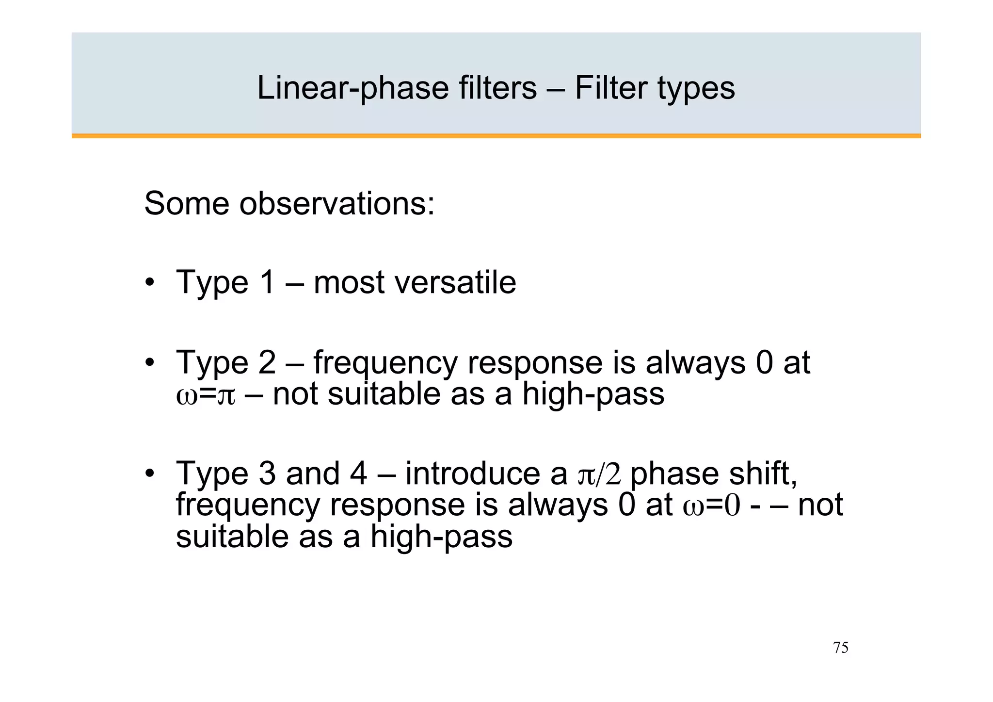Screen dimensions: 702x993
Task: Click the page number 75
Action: [x=840, y=648]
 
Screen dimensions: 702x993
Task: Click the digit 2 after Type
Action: [x=266, y=362]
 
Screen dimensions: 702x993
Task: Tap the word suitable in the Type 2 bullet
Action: [x=384, y=394]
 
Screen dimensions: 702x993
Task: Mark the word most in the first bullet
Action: [x=349, y=283]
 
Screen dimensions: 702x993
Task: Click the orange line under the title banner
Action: [x=496, y=136]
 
